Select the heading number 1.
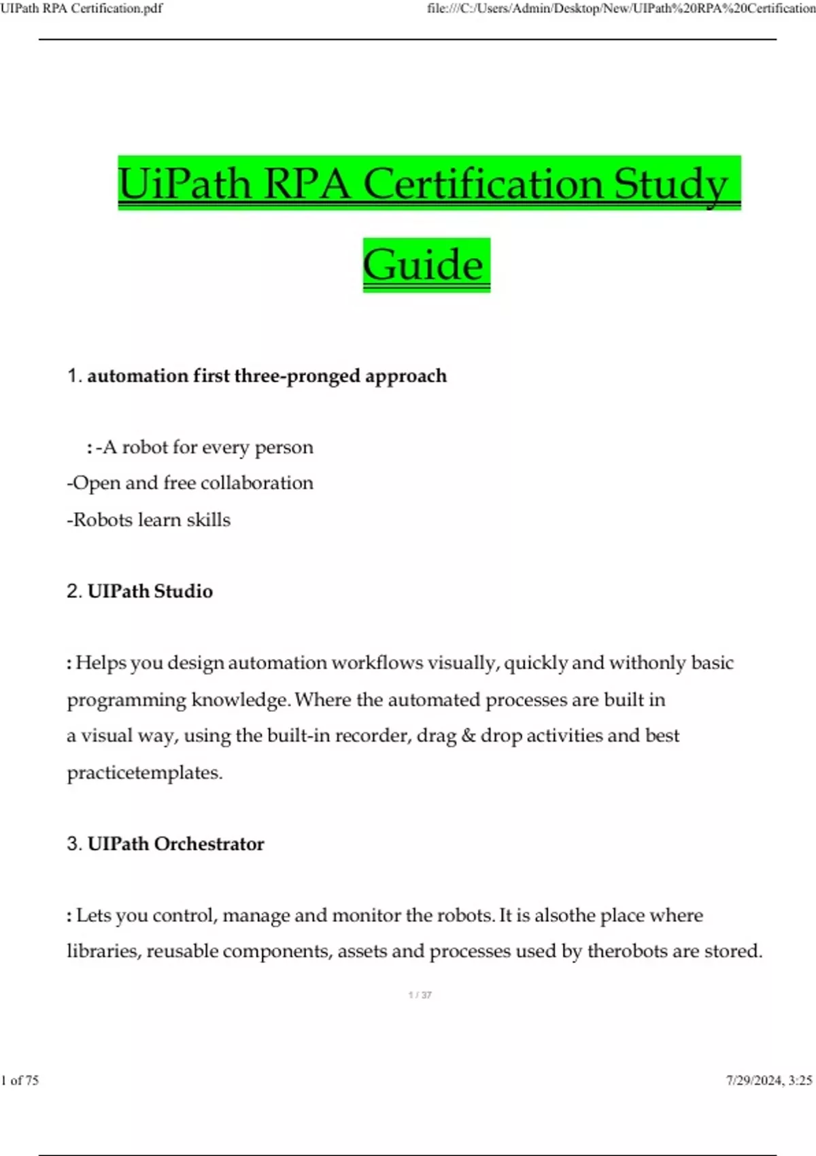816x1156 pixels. (x=74, y=376)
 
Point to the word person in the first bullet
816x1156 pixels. (x=284, y=447)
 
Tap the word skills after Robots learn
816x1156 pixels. (x=209, y=520)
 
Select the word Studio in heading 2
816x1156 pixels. (x=184, y=591)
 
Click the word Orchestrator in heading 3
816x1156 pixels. (x=209, y=844)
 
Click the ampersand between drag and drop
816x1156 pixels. (x=469, y=736)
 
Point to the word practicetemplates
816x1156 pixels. (x=144, y=772)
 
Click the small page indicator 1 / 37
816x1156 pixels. (x=420, y=995)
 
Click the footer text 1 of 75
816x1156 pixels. (x=20, y=1081)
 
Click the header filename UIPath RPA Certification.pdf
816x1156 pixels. (x=82, y=8)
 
